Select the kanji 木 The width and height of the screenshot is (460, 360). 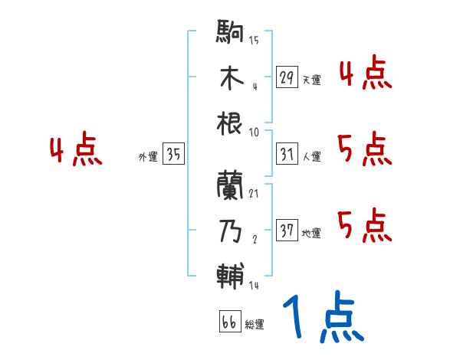(231, 78)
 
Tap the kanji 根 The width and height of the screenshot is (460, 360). (231, 122)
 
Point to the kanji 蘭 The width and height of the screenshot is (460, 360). (231, 185)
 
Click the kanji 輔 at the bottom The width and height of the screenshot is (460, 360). (231, 275)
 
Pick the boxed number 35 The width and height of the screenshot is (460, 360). (173, 155)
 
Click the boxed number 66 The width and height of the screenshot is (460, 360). (228, 322)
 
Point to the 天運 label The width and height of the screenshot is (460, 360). (311, 80)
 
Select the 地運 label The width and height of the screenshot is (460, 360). (311, 233)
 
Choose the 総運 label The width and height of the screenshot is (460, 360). (254, 325)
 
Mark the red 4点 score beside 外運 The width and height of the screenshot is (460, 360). (76, 152)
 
